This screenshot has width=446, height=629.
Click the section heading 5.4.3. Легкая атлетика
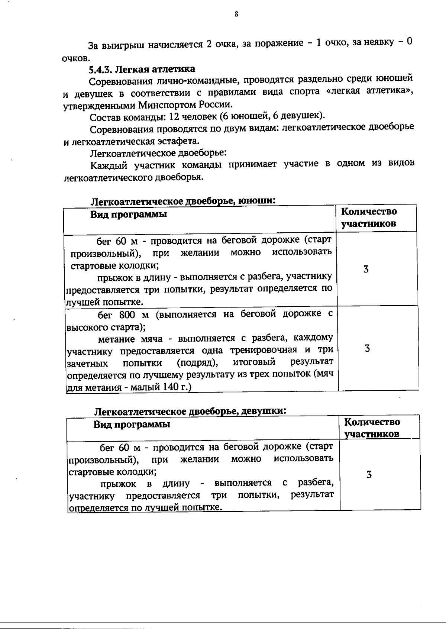pyautogui.click(x=142, y=69)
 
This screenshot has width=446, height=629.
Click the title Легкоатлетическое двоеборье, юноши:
pyautogui.click(x=183, y=201)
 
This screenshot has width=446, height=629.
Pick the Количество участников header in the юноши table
pyautogui.click(x=369, y=218)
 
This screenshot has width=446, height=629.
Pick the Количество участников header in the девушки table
pyautogui.click(x=372, y=428)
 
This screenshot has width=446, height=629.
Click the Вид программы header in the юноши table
pyautogui.click(x=129, y=215)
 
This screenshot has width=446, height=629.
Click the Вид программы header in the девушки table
pyautogui.click(x=132, y=424)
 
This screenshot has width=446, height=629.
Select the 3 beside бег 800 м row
pyautogui.click(x=367, y=348)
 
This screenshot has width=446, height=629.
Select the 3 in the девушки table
pyautogui.click(x=369, y=475)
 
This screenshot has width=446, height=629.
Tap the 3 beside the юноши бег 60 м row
pyautogui.click(x=366, y=269)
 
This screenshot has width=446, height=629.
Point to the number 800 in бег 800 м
pyautogui.click(x=129, y=314)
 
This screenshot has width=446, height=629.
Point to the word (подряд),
pyautogui.click(x=197, y=362)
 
